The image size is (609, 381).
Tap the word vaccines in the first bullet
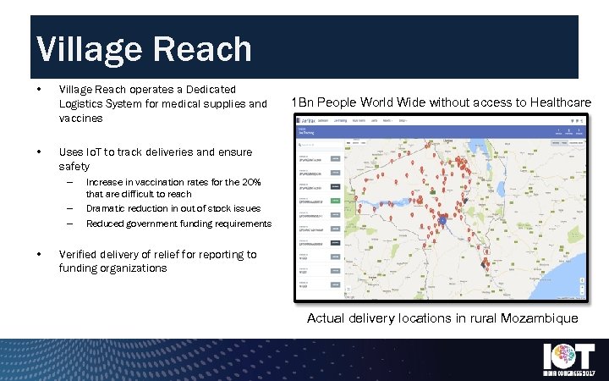[80, 119]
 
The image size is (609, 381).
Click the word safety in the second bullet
[74, 167]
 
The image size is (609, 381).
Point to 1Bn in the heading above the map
[301, 102]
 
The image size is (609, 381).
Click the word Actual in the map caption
[326, 319]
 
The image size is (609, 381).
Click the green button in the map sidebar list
[336, 200]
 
